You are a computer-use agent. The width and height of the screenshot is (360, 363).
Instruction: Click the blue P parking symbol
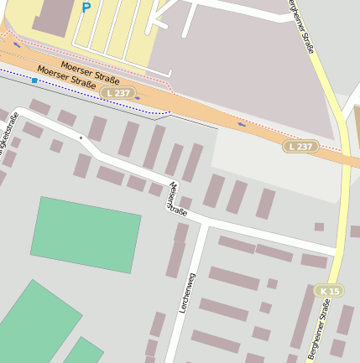(86, 8)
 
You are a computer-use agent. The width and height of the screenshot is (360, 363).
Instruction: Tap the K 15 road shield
(330, 291)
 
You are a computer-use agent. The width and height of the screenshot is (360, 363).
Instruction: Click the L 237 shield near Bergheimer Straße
(300, 147)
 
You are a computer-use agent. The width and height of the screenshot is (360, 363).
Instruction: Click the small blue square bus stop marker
(34, 80)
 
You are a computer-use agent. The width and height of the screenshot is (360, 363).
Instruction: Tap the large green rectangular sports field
(86, 235)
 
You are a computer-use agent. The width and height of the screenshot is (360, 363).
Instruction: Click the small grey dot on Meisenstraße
(81, 137)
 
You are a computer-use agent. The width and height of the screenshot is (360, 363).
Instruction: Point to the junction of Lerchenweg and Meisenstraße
(201, 224)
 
